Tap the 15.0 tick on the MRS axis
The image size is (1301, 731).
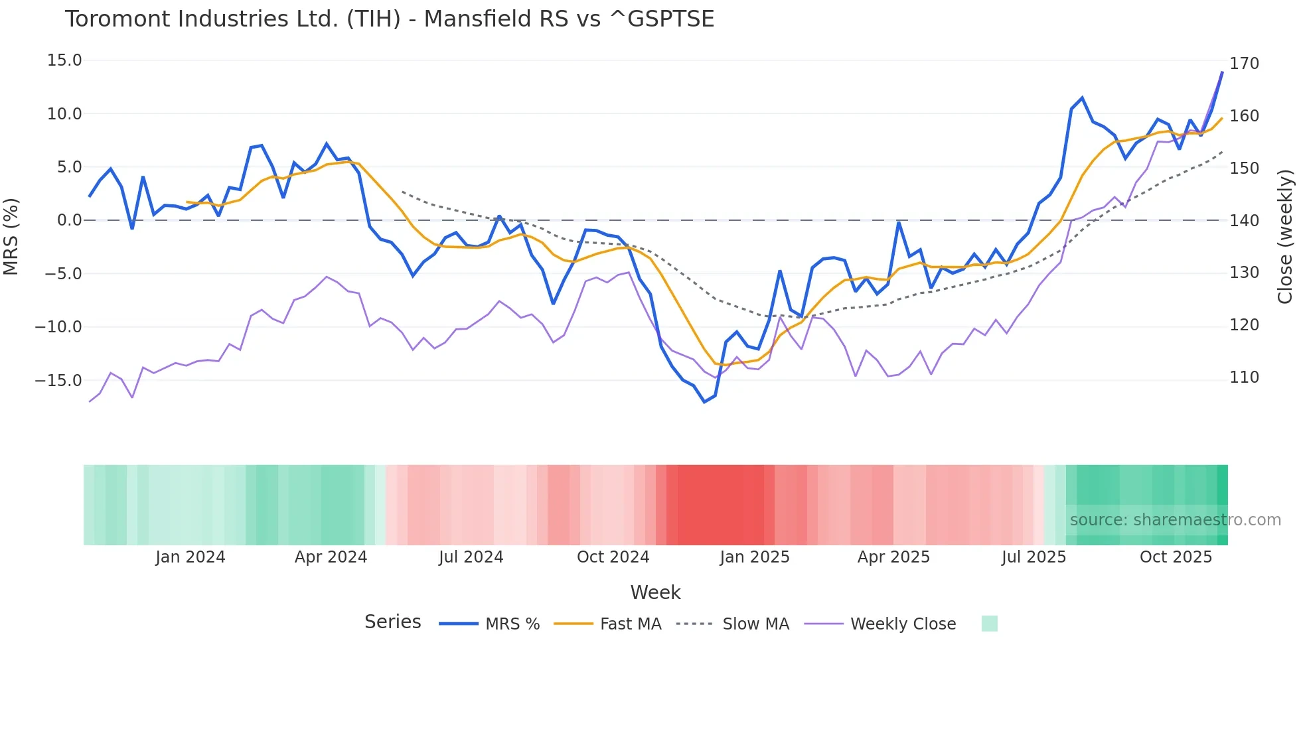64,60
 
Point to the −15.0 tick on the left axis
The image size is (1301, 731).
58,380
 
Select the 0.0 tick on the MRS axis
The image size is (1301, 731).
69,220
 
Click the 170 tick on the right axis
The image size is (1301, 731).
1244,64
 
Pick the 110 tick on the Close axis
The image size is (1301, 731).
1244,377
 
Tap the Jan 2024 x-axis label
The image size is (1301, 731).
191,557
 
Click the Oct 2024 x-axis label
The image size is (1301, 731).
613,557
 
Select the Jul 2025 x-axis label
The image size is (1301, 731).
1033,557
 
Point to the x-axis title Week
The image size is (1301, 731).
655,592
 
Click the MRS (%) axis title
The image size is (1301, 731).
11,237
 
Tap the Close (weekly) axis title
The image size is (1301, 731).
1285,237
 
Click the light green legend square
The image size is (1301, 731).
989,624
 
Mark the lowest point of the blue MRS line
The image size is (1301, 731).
704,402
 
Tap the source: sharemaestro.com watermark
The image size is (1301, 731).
1175,520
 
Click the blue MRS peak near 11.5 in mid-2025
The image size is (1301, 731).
1082,98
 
